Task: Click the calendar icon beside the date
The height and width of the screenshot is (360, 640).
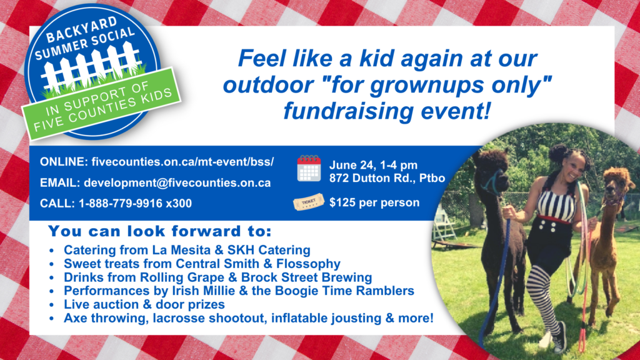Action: pos(309,168)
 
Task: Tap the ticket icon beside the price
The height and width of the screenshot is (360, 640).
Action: pos(308,202)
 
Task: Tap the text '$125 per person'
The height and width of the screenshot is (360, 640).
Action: pos(374,202)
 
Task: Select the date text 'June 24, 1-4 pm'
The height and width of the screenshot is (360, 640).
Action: pos(373,165)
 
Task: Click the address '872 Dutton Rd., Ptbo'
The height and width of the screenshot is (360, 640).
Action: pos(387,178)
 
